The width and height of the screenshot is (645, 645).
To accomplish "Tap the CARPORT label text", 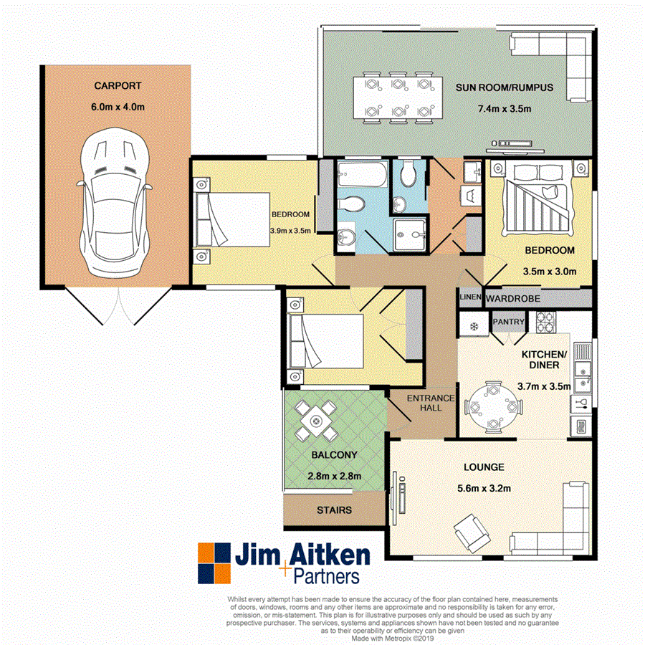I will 118,86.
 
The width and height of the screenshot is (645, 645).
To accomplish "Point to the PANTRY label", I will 510,323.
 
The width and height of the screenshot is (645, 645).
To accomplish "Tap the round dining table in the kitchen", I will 492,406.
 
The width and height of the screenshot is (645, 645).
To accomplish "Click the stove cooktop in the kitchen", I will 545,323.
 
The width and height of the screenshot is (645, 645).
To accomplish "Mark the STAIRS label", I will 334,510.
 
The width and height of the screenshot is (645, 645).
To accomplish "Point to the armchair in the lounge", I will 469,531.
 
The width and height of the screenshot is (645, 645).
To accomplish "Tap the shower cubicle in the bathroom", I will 408,234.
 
